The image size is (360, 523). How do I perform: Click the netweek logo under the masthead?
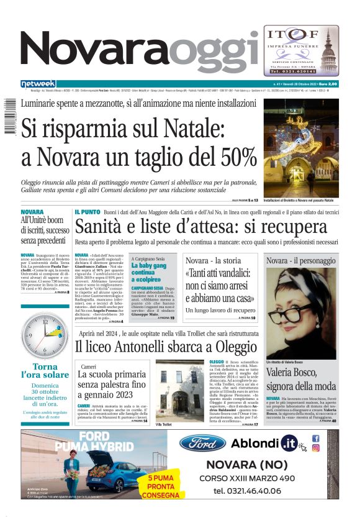[x=38, y=83]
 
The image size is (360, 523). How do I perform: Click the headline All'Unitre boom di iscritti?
[x=45, y=230]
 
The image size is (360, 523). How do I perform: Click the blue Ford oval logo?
[x=202, y=443]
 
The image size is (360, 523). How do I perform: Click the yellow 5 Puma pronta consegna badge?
[x=160, y=486]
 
